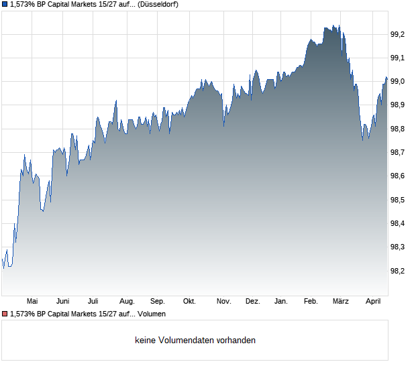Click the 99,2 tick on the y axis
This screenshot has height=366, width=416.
pos(399,34)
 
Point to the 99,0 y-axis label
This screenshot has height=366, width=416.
pos(399,82)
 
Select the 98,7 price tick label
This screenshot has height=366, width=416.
pos(399,153)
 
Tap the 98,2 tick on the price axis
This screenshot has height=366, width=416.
pos(399,271)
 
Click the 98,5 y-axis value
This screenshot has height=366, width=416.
pos(399,200)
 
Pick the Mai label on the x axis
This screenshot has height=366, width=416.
pos(32,302)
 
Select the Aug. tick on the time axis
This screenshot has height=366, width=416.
pos(127,302)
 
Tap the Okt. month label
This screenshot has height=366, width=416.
pos(190,302)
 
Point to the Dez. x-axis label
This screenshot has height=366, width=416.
pos(252,302)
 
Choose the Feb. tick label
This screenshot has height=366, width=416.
pos(311,302)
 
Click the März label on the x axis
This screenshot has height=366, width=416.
pos(342,302)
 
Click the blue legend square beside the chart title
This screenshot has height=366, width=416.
pos(5,5)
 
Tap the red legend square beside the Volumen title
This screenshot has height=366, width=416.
pos(5,314)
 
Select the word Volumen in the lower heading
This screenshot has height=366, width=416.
pos(152,314)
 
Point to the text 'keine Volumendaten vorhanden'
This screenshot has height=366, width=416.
pos(195,341)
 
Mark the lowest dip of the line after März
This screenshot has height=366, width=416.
pos(363,140)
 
